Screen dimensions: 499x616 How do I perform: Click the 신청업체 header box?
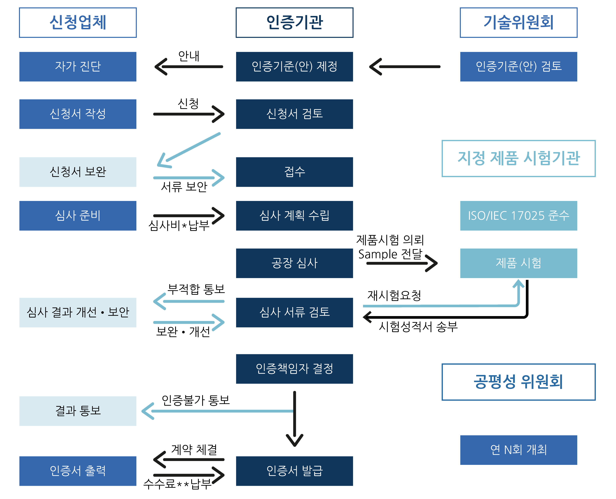pyautogui.click(x=78, y=22)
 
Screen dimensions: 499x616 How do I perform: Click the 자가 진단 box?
pyautogui.click(x=78, y=66)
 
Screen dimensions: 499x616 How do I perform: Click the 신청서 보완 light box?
pyautogui.click(x=78, y=172)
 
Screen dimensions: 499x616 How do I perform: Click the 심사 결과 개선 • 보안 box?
pyautogui.click(x=78, y=312)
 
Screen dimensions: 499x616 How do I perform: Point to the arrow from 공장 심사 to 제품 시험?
pyautogui.click(x=402, y=263)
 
